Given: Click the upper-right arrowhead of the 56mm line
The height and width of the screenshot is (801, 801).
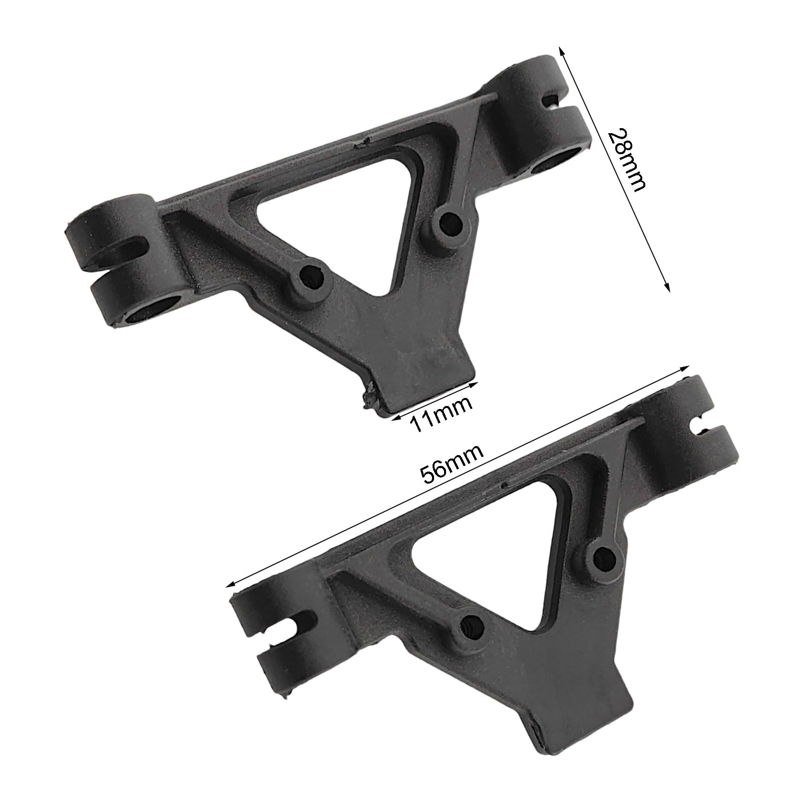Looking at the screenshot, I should [x=686, y=368].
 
